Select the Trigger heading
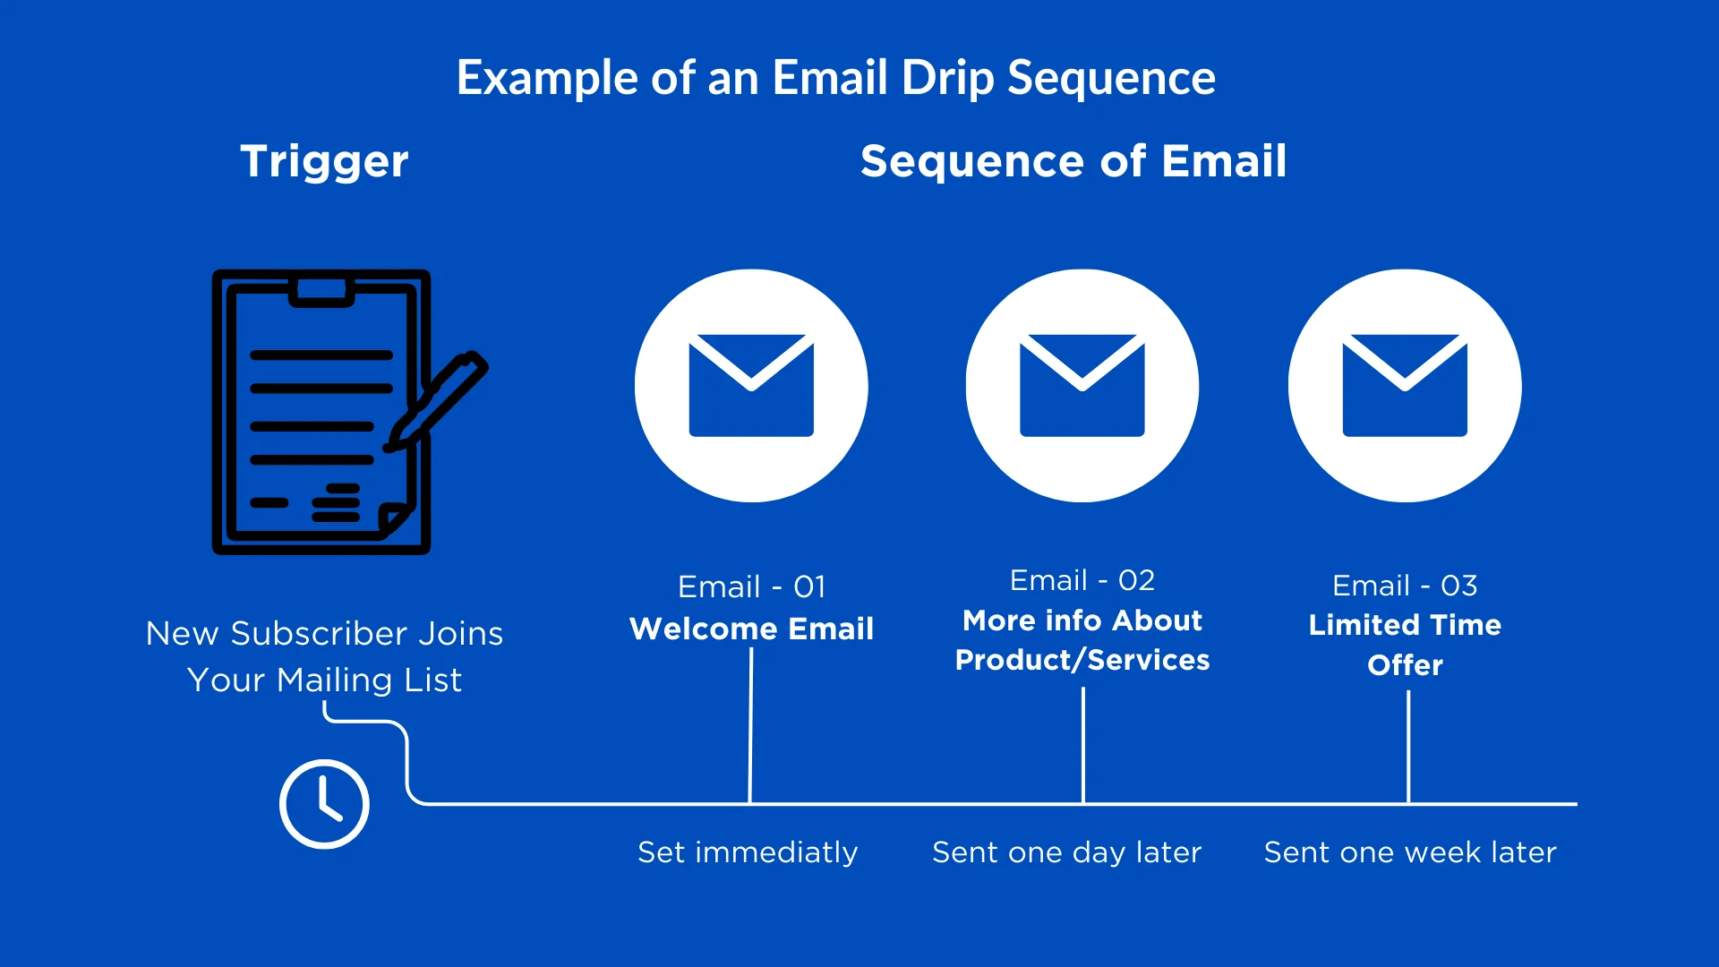(324, 162)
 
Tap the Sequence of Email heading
(1073, 162)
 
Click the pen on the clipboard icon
(439, 400)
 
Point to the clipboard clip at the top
(321, 292)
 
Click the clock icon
(324, 803)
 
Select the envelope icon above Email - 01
(751, 385)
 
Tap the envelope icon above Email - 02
(1082, 385)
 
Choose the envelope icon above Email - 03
(1404, 385)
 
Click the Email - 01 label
(751, 586)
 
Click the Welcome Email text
(751, 629)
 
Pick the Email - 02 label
(1082, 580)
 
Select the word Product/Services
(1082, 660)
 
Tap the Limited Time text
(1404, 625)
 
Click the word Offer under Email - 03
(1404, 665)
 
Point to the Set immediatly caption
(747, 852)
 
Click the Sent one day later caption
(1066, 852)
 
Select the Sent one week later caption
(1409, 852)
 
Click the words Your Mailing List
(324, 680)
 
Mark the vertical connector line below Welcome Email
(750, 725)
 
